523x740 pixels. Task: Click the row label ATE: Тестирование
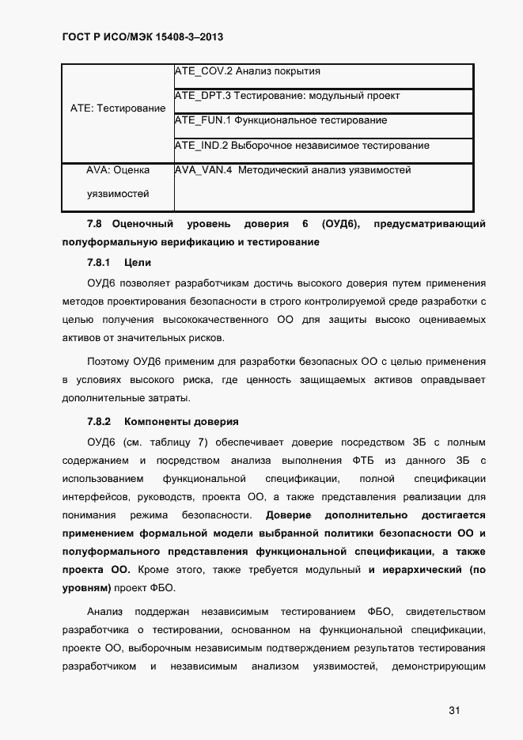[118, 108]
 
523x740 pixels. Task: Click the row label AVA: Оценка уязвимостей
[118, 182]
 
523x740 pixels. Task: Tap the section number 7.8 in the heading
[95, 225]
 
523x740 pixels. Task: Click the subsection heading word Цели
[138, 263]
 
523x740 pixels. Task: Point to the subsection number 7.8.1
[99, 263]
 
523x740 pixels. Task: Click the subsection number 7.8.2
[99, 421]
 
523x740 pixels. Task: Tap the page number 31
[454, 710]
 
